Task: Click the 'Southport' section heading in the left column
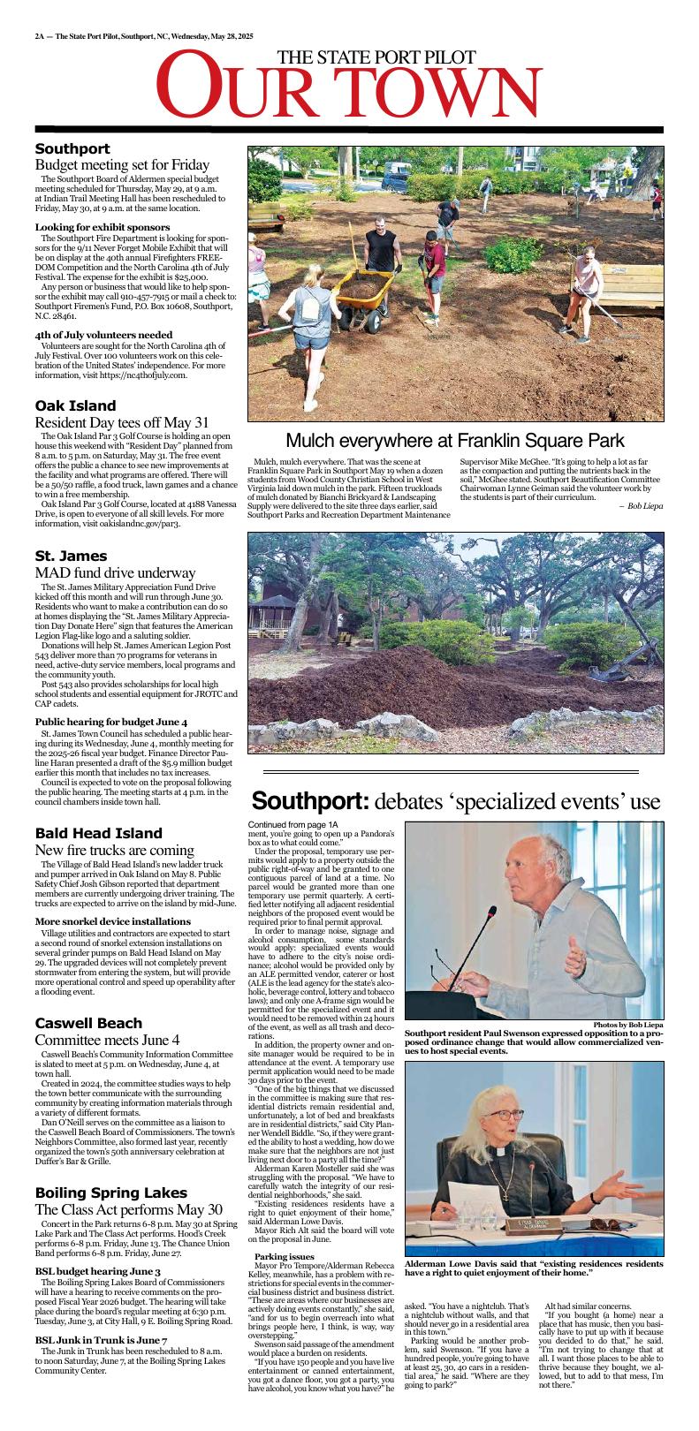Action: pyautogui.click(x=72, y=149)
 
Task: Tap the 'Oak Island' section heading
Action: pyautogui.click(x=75, y=405)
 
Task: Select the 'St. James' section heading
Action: pyautogui.click(x=71, y=556)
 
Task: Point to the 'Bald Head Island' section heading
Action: pyautogui.click(x=98, y=833)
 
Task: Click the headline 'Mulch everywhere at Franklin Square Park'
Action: pyautogui.click(x=455, y=440)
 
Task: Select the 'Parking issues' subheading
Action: pyautogui.click(x=284, y=1256)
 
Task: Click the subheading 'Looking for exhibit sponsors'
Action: pyautogui.click(x=102, y=227)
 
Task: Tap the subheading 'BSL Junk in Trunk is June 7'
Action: pyautogui.click(x=100, y=1341)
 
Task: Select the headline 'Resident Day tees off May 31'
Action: pyautogui.click(x=122, y=422)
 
